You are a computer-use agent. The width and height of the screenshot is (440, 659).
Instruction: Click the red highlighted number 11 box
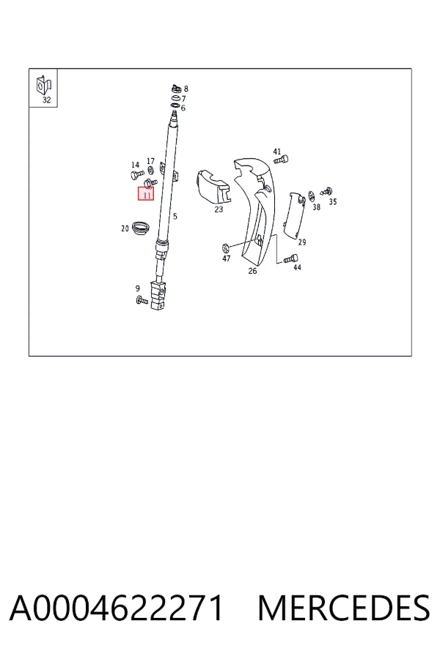coord(146,194)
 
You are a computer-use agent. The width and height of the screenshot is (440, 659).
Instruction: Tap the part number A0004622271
coord(116,608)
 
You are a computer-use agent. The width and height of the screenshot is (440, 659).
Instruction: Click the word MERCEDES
coord(344,608)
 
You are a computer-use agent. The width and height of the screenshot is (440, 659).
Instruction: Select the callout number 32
coord(46,100)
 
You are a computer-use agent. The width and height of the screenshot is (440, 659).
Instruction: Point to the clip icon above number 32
coord(44,86)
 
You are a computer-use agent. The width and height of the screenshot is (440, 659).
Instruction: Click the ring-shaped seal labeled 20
coord(141,228)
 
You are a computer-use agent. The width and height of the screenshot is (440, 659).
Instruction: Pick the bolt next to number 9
coord(142,300)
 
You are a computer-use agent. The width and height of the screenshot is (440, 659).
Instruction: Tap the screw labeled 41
coord(281,160)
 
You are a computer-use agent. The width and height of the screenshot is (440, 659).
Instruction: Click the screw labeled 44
coord(291,258)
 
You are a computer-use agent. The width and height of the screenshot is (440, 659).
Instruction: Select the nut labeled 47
coord(225,247)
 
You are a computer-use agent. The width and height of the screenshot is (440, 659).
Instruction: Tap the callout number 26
coord(252,271)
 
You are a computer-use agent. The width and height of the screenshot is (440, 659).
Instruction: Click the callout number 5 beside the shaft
coord(175,217)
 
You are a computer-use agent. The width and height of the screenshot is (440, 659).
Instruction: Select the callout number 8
coord(186,89)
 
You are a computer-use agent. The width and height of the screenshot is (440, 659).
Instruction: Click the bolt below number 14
coord(137,175)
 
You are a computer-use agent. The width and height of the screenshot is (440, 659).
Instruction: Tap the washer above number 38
coord(312,196)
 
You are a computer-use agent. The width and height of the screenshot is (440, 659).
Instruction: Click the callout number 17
coord(150,161)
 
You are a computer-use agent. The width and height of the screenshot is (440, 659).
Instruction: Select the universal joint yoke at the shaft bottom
coord(159,294)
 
